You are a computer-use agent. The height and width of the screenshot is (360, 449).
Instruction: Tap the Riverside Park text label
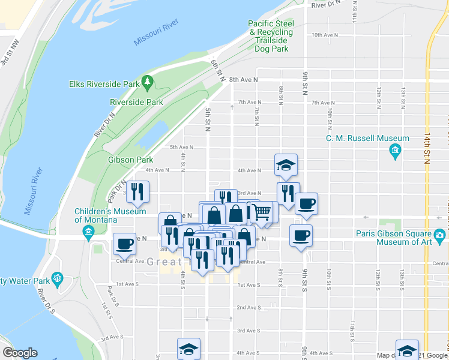click(137, 102)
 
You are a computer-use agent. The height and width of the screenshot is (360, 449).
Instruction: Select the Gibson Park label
click(130, 160)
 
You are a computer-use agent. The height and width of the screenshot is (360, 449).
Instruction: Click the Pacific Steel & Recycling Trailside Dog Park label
click(271, 36)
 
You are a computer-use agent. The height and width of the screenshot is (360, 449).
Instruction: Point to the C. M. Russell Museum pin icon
click(395, 149)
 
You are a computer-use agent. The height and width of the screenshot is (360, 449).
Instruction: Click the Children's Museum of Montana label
click(110, 215)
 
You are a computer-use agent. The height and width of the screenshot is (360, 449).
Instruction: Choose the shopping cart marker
click(260, 212)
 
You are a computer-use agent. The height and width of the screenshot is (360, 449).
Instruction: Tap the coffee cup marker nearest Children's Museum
click(124, 244)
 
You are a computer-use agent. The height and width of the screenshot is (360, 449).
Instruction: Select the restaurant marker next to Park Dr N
click(137, 192)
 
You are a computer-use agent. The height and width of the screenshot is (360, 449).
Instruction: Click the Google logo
click(20, 353)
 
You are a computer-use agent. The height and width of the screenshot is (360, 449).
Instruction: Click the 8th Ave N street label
click(243, 79)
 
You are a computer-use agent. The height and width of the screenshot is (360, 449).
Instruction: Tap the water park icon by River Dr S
click(58, 277)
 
